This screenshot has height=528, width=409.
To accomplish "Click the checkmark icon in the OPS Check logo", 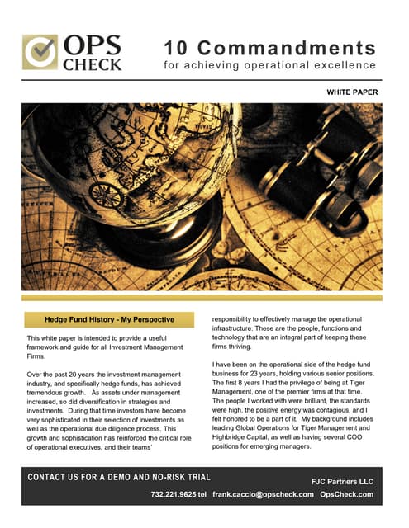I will pos(39,51).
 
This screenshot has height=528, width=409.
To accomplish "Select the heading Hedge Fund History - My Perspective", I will pos(109,320).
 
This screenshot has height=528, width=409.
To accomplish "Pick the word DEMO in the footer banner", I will pos(126,477).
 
